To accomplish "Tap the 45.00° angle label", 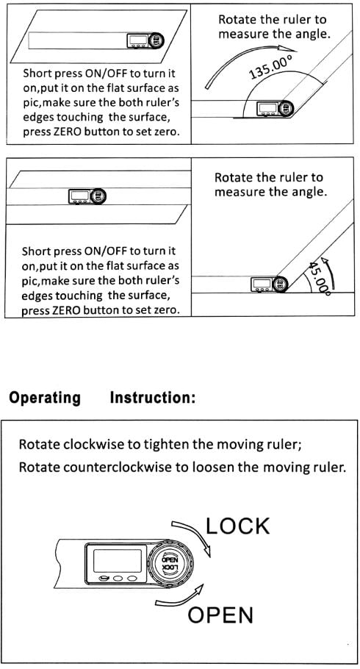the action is click(318, 278).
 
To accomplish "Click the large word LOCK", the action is click(237, 526).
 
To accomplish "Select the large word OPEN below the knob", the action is click(220, 615).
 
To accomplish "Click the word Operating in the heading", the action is click(45, 398).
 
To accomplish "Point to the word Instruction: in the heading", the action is click(153, 398).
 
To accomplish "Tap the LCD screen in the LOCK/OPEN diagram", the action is click(118, 560).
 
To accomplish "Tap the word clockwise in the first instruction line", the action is click(94, 445).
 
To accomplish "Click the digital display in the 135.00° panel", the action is click(267, 109).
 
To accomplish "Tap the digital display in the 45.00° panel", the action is click(261, 284).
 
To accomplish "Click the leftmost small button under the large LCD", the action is click(104, 579).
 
